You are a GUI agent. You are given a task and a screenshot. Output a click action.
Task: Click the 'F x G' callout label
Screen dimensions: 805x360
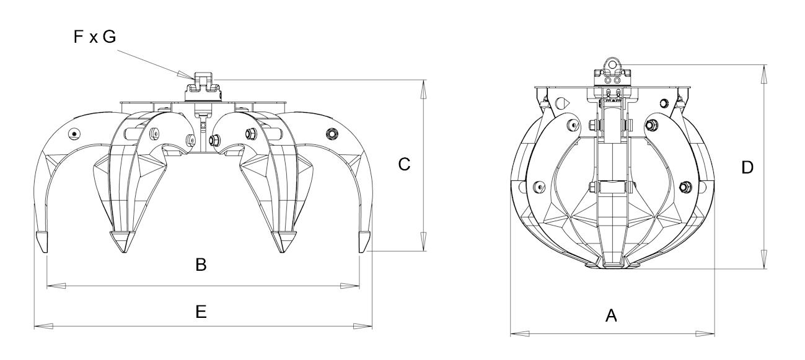click(x=95, y=37)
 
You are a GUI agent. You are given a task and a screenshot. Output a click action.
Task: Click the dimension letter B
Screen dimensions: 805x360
click(x=201, y=265)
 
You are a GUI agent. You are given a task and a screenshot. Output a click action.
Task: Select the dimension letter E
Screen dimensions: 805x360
click(x=201, y=312)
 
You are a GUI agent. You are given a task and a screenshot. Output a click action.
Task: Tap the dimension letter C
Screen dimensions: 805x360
click(x=404, y=164)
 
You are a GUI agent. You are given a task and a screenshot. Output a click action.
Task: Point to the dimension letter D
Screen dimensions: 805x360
click(x=747, y=167)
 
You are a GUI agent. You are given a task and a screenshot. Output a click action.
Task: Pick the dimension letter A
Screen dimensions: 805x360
click(x=611, y=316)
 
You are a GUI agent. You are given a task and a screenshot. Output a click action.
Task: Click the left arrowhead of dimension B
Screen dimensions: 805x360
click(x=56, y=286)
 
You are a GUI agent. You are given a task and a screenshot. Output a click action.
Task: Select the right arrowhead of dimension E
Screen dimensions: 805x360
click(x=363, y=326)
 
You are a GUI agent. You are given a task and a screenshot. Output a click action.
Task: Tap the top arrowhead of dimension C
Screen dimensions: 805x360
click(x=423, y=89)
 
